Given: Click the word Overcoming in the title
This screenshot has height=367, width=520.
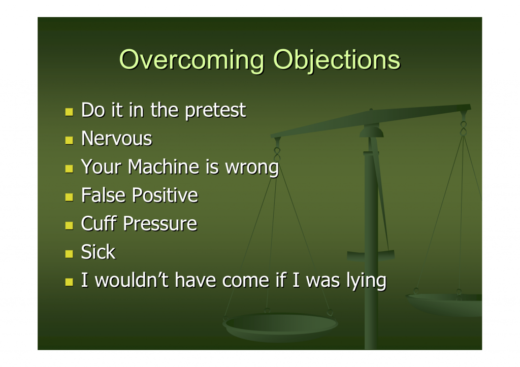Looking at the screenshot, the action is (191, 60).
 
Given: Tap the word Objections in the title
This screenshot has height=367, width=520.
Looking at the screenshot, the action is (337, 60).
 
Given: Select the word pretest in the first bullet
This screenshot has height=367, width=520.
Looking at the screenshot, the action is (215, 110).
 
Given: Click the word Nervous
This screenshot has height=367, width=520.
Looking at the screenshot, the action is (117, 138).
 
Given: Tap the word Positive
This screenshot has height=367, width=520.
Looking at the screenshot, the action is (165, 195).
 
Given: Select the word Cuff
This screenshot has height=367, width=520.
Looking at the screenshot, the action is (99, 223).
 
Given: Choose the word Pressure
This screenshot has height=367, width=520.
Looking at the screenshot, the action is (160, 223).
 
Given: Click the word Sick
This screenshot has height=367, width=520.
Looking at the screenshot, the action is (99, 252).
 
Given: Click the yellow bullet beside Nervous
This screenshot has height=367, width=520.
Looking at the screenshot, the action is (69, 140).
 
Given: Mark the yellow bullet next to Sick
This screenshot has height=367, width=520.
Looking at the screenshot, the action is (69, 254).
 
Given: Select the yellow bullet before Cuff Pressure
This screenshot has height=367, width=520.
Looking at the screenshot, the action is (69, 225).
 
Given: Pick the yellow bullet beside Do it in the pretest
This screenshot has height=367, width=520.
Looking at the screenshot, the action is (69, 112).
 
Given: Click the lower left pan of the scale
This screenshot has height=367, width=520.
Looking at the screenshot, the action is (280, 326).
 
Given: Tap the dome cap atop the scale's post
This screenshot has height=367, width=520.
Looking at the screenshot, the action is (371, 131).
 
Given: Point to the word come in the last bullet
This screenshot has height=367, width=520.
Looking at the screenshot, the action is (246, 281).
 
